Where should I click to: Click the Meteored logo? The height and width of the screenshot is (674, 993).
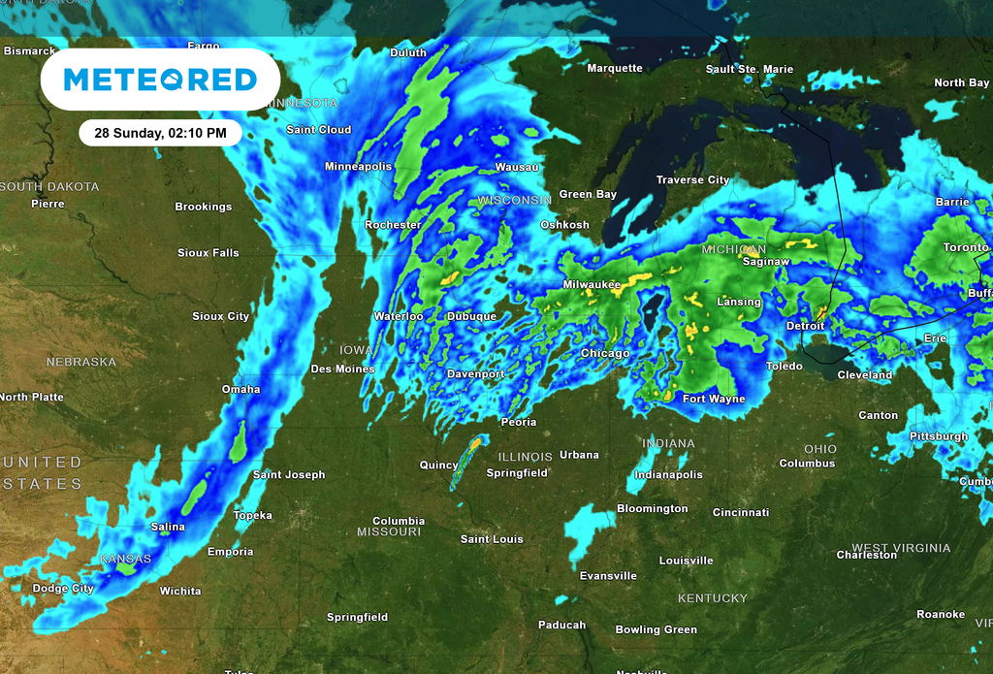coord(160,80)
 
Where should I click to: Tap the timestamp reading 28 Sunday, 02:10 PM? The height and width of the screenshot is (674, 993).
coord(160,132)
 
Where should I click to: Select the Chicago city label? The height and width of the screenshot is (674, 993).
coord(605,354)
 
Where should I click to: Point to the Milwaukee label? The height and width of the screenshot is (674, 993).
coord(592,284)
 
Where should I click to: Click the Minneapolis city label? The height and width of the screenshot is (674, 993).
coord(358,167)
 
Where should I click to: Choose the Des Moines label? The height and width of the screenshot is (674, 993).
coord(342,369)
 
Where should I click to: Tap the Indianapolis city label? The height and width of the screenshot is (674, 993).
coord(668,475)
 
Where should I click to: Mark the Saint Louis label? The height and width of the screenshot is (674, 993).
coord(492,539)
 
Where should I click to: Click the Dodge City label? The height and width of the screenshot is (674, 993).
coord(63,589)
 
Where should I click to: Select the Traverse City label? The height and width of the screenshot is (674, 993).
coord(692,180)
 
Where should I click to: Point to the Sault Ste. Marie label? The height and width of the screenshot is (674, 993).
coord(750,70)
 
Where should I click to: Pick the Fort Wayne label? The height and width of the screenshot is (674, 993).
coord(714,400)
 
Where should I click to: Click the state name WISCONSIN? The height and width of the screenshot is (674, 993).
coord(514,200)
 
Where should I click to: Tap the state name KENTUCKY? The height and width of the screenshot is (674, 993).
coord(713,598)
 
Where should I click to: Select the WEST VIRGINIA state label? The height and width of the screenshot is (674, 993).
coord(901,548)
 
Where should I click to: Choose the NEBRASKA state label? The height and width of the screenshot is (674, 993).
coord(81,362)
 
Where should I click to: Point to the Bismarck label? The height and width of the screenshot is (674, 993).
coord(29,50)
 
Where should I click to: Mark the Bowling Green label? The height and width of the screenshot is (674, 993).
coord(656,630)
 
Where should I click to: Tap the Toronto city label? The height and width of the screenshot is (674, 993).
coord(966,247)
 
